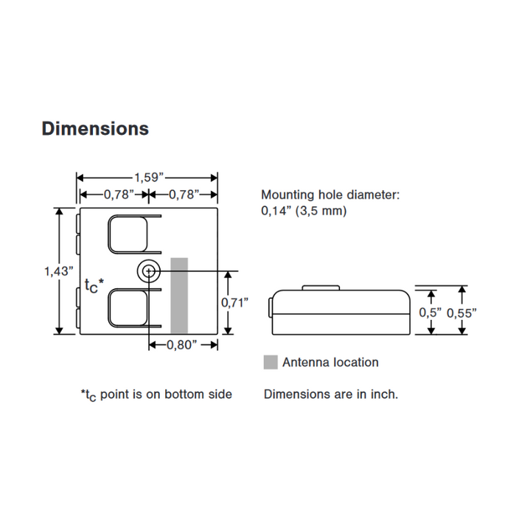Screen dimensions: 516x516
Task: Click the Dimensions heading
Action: click(95, 128)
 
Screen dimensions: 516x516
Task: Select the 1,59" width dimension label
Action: click(147, 177)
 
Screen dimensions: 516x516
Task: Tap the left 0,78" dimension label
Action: click(118, 195)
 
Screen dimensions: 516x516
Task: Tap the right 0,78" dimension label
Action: click(183, 195)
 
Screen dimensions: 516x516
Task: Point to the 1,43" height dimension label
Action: click(58, 271)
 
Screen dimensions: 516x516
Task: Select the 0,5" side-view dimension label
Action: click(430, 312)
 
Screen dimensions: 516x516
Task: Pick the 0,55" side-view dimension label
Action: click(462, 312)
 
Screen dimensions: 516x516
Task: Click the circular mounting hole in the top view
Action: click(149, 272)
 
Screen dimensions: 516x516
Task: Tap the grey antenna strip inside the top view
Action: click(179, 295)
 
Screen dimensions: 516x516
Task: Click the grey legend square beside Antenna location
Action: click(271, 362)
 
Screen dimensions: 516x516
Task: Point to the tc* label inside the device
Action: click(94, 285)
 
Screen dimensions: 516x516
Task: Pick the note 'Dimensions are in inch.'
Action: click(331, 394)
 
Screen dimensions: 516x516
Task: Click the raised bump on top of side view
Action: click(322, 289)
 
